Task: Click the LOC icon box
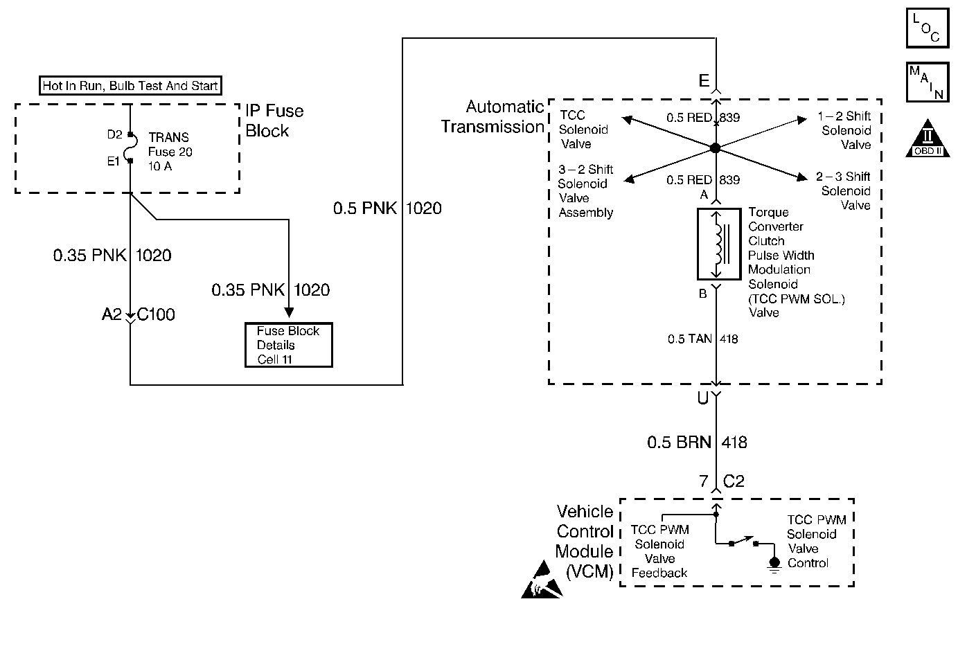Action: (x=928, y=28)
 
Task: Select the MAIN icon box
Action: (x=928, y=82)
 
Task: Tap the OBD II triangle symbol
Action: (x=928, y=139)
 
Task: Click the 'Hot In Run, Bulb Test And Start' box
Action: (x=130, y=86)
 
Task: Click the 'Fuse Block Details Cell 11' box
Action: (x=289, y=345)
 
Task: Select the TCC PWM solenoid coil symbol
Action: (x=719, y=244)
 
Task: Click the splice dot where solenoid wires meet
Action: (x=715, y=148)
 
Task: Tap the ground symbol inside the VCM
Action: (x=774, y=564)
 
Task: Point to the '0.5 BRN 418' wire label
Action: (x=697, y=443)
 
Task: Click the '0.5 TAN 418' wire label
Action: (x=702, y=339)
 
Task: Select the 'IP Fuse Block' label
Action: (x=274, y=121)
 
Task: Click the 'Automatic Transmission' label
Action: (x=493, y=116)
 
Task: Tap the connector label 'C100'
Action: (x=156, y=314)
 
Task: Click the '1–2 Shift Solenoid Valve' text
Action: (x=844, y=130)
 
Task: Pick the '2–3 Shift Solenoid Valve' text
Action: (x=843, y=190)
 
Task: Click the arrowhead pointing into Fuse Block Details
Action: (x=289, y=312)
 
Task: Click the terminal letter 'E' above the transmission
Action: (x=704, y=80)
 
